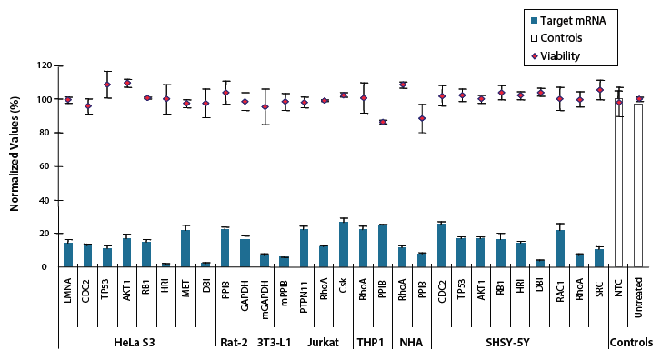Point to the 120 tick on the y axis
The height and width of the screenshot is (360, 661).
43,66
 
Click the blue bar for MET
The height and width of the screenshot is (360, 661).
185,248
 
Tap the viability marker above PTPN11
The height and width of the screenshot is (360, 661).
304,103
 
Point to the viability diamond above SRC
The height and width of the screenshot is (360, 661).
599,90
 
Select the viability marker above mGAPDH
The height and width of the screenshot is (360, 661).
265,107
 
